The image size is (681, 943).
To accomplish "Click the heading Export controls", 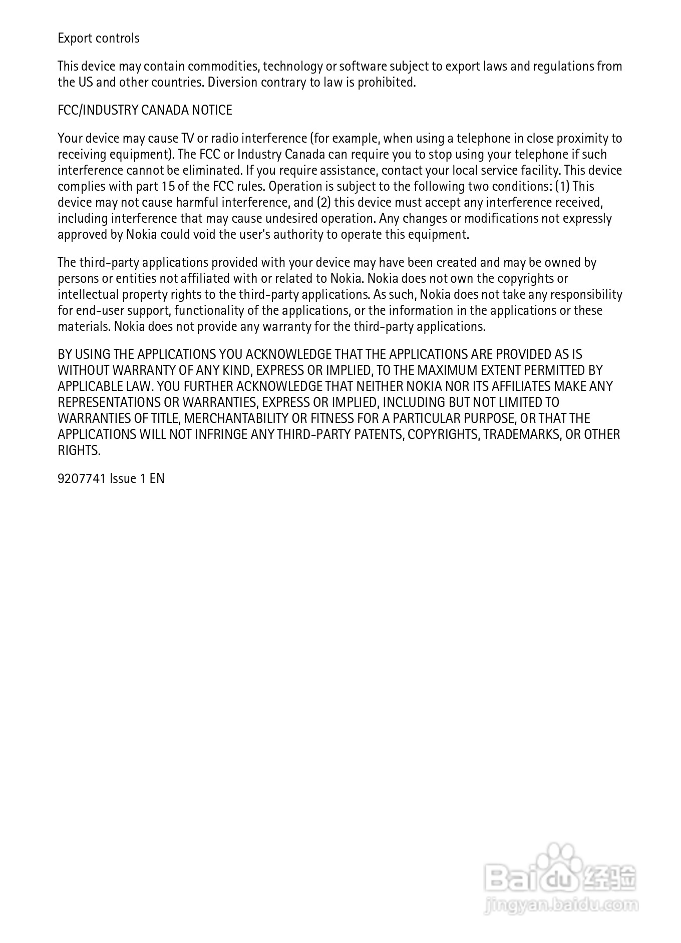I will [x=99, y=39].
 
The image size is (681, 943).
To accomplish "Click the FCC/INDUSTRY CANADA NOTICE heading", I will [x=145, y=111].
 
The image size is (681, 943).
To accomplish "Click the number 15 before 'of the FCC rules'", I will [x=168, y=187].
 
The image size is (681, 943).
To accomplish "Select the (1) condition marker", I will [x=562, y=187].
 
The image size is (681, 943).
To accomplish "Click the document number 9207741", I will [x=82, y=479].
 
